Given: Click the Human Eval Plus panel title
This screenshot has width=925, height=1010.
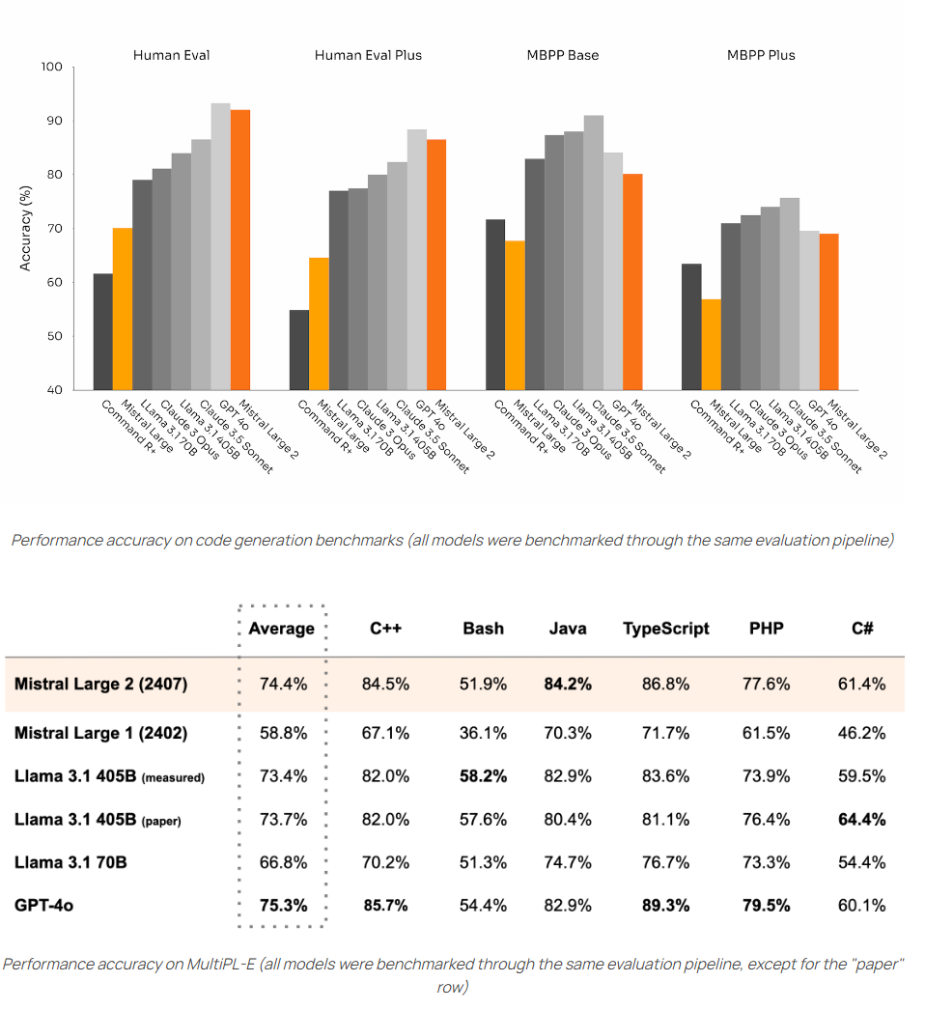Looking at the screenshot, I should click(368, 55).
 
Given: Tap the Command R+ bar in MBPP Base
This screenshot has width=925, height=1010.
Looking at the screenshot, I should click(495, 304).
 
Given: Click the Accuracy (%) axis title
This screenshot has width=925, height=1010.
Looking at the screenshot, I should click(26, 229).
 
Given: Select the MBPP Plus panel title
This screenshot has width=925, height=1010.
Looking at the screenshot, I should click(761, 55).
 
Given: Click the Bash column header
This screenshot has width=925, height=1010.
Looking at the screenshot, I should click(483, 629).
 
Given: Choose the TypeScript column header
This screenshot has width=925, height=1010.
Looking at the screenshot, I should click(666, 629).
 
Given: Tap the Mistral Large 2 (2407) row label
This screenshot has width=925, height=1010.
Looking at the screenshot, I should click(101, 684).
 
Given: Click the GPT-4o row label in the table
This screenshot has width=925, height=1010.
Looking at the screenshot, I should click(45, 906).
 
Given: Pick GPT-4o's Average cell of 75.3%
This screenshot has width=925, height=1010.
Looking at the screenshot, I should click(283, 906).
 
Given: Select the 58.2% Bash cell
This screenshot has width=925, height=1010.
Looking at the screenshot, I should click(483, 776).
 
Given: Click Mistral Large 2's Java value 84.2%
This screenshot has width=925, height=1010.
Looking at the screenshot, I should click(568, 684).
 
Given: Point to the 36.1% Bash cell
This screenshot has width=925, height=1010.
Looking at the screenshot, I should click(483, 733).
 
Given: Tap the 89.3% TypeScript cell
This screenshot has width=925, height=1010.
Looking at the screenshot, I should click(666, 906).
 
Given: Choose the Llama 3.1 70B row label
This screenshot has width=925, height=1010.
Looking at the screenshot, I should click(70, 862).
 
